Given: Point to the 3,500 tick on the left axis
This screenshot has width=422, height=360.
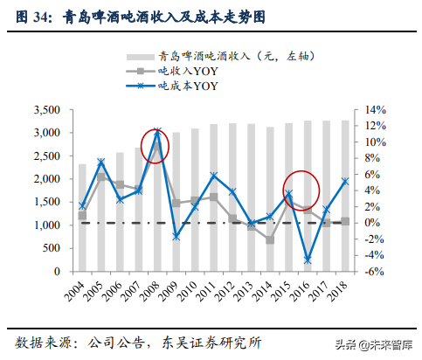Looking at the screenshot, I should tap(43, 110).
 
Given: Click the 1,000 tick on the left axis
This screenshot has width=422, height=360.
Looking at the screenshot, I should tap(43, 225).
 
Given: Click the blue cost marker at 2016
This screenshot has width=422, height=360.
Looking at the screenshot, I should tap(308, 260).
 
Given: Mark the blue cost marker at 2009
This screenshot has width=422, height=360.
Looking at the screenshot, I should tap(176, 237).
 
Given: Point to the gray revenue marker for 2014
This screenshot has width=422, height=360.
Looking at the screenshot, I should tap(270, 239).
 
